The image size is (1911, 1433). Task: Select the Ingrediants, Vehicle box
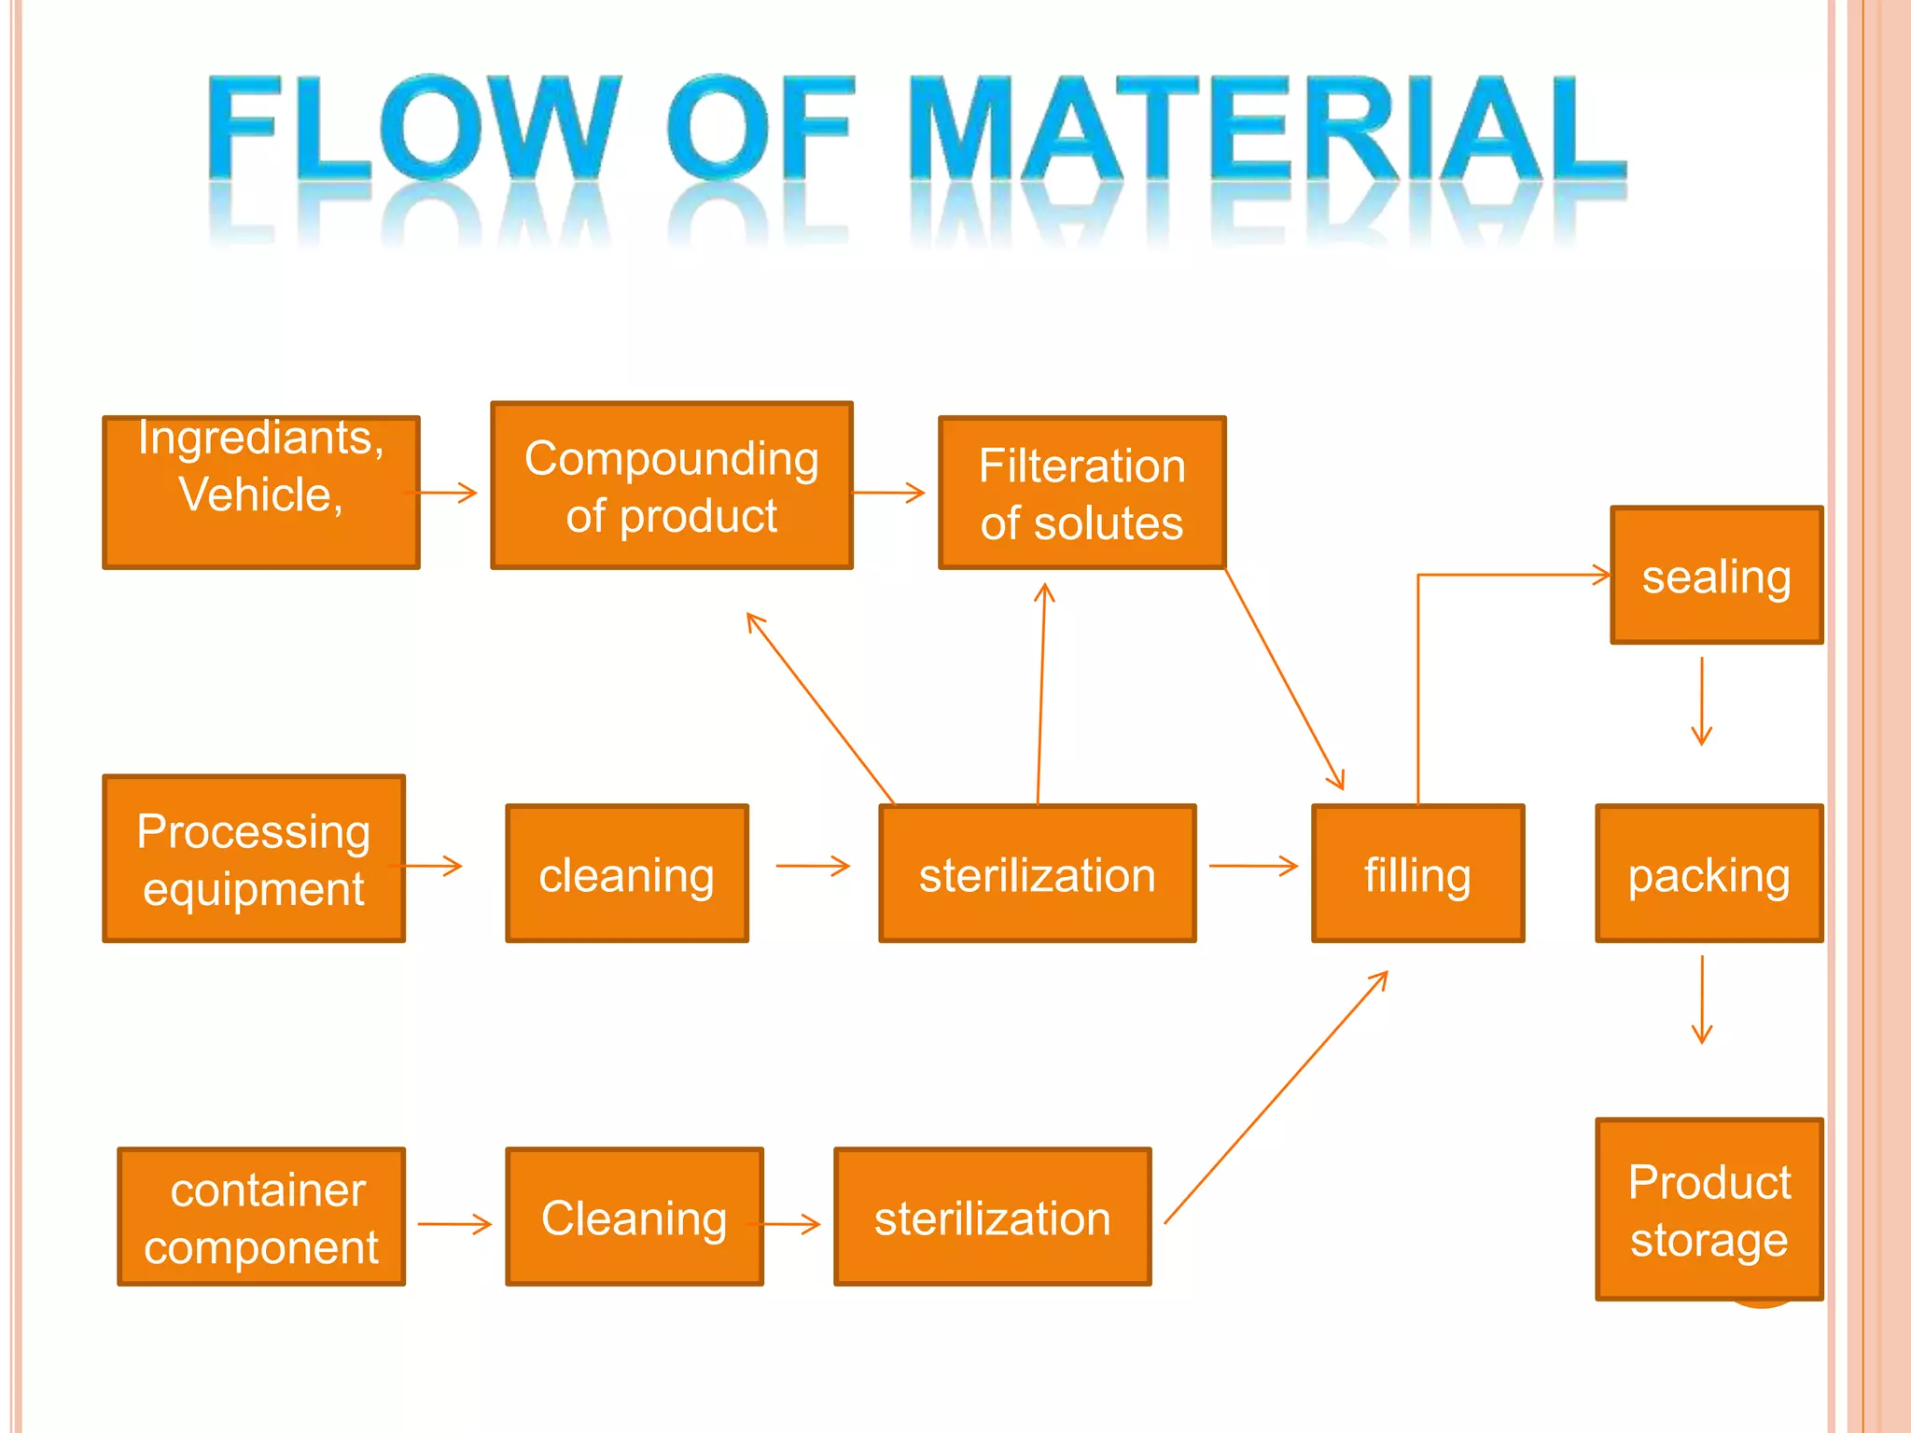[x=261, y=492]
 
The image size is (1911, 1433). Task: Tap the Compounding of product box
[x=671, y=485]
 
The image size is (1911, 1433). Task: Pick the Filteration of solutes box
[x=1081, y=493]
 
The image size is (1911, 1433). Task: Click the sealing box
[x=1716, y=576]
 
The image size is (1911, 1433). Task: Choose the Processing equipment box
[x=254, y=858]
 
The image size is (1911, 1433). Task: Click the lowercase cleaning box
[x=626, y=873]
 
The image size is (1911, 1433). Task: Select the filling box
[x=1417, y=873]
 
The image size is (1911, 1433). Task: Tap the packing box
[x=1709, y=873]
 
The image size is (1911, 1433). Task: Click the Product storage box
[x=1709, y=1209]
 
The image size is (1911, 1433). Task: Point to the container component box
[x=261, y=1217]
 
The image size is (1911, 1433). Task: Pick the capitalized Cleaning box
[x=635, y=1217]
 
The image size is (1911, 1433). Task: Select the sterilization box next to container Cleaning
[x=992, y=1217]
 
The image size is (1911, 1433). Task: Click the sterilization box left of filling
[x=1037, y=873]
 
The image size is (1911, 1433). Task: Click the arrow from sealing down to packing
[x=1702, y=702]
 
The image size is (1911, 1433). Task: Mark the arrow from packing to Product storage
[x=1702, y=999]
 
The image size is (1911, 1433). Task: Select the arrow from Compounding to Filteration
[x=888, y=493]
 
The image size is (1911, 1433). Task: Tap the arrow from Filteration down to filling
[x=1284, y=679]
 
